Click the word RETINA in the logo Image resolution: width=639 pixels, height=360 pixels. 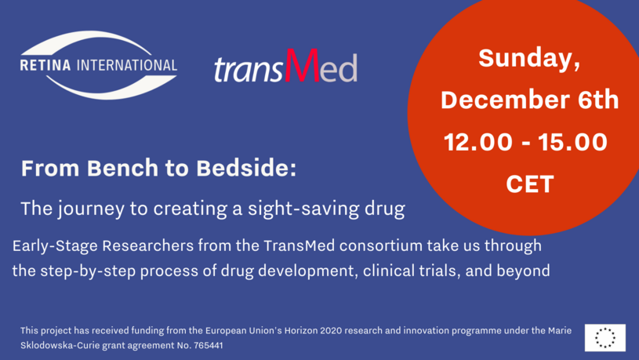45,65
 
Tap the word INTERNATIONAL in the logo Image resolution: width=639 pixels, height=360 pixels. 127,65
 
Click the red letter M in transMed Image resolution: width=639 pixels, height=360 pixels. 302,65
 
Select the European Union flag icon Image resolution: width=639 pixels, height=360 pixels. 605,337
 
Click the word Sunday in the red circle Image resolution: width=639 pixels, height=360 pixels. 527,58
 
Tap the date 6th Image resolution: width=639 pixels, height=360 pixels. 598,100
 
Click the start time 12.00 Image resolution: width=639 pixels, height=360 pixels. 478,142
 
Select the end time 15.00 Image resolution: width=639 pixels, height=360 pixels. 572,142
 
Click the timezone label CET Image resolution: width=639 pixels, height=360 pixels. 530,184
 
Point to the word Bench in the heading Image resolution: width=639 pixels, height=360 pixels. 122,168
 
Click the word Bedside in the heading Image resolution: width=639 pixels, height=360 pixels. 246,168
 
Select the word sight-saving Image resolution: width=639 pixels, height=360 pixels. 303,209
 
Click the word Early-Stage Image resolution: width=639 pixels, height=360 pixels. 55,245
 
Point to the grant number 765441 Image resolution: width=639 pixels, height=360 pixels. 209,345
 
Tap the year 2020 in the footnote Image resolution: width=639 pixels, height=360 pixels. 332,330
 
